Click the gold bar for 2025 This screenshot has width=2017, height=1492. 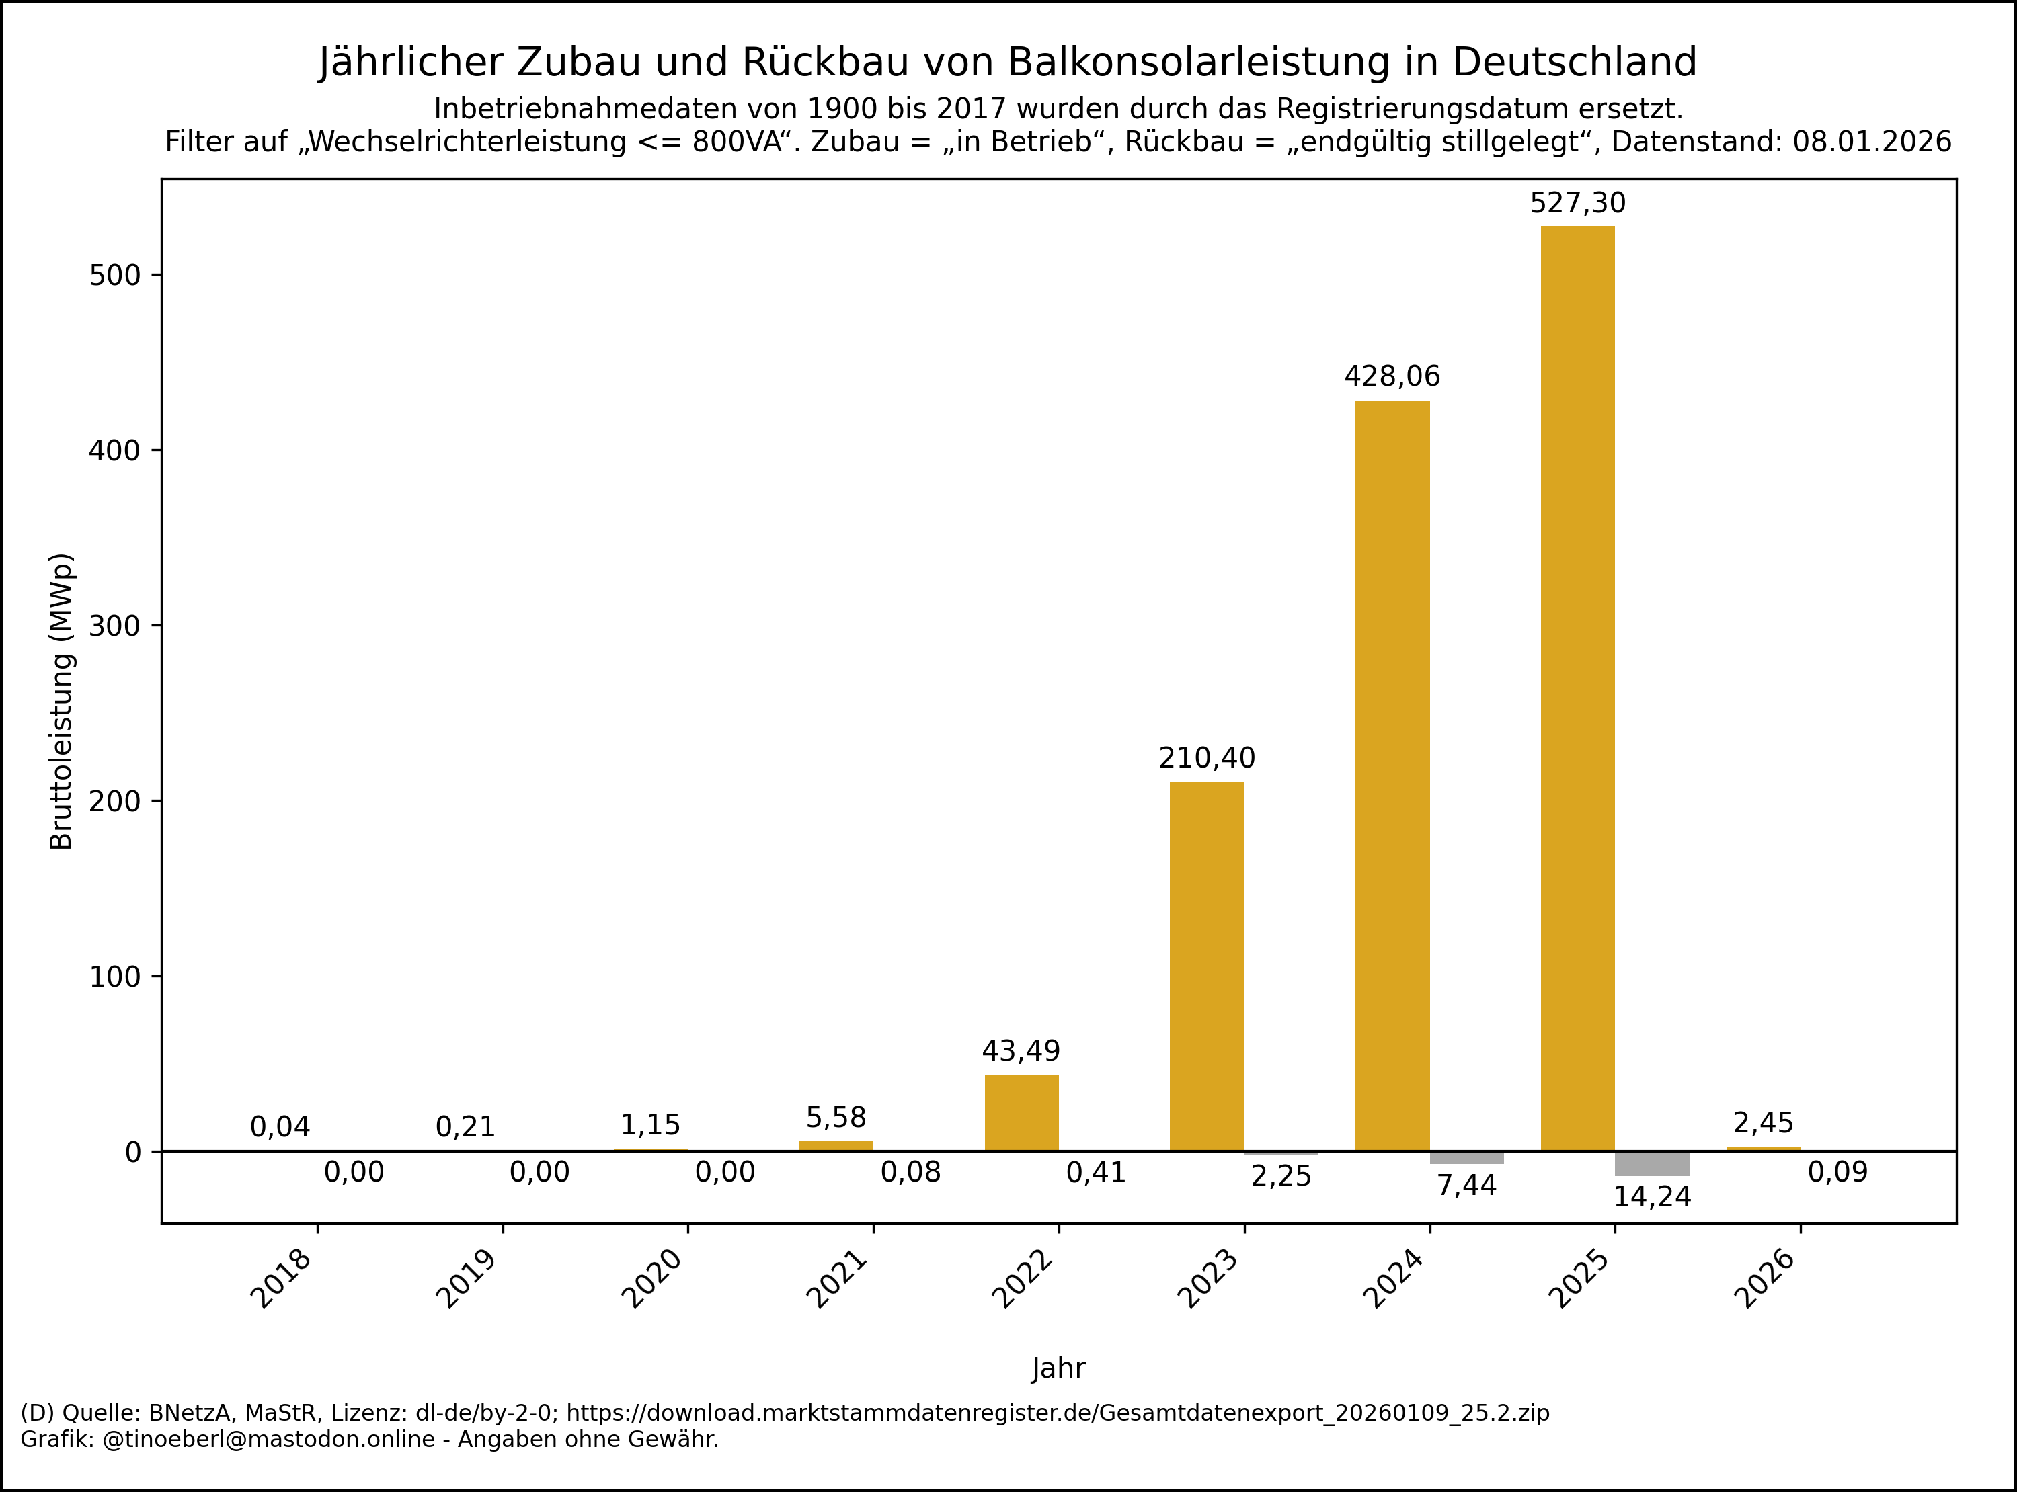click(1577, 688)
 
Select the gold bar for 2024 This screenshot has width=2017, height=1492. click(1392, 775)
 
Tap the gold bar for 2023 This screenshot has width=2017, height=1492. click(1207, 966)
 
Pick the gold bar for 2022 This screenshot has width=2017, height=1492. click(1021, 1113)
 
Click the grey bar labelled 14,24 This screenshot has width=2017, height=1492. click(1652, 1163)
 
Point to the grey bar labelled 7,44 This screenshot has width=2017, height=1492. click(1467, 1157)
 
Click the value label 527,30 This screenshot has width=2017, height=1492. click(1577, 203)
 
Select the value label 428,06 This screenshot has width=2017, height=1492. click(1392, 376)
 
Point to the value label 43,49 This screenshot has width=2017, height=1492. click(1021, 1051)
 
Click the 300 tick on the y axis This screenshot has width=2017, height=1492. click(116, 626)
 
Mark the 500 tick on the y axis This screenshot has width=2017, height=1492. click(116, 276)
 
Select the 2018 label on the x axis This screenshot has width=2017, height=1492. click(282, 1279)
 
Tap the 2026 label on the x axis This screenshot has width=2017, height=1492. click(1765, 1279)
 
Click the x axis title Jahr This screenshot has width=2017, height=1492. click(1059, 1368)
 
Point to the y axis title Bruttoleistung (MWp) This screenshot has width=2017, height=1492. click(61, 702)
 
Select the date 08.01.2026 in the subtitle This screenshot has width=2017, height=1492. click(1872, 142)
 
